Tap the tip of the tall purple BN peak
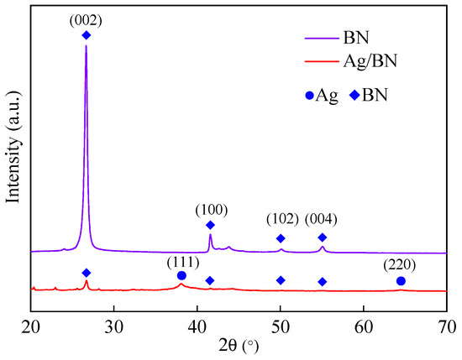pyautogui.click(x=86, y=45)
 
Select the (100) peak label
pyautogui.click(x=210, y=209)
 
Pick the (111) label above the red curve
pyautogui.click(x=181, y=260)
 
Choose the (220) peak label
pyautogui.click(x=400, y=266)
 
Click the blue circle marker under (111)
pyautogui.click(x=181, y=275)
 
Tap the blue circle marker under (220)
pyautogui.click(x=401, y=280)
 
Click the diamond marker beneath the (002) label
pyautogui.click(x=86, y=35)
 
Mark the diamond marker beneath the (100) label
pyautogui.click(x=210, y=225)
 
